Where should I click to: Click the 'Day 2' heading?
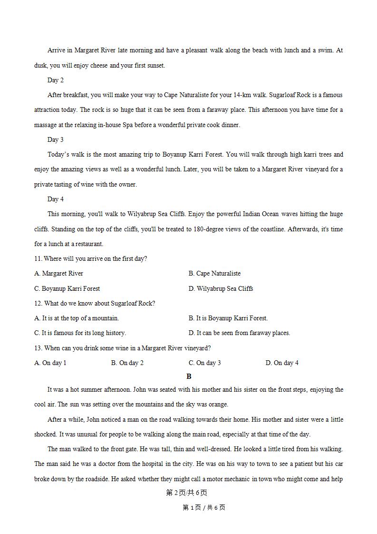click(x=55, y=80)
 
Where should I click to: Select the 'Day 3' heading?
click(x=55, y=139)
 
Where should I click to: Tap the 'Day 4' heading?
click(x=55, y=199)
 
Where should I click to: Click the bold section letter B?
click(x=189, y=376)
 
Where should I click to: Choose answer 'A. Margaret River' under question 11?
click(x=59, y=273)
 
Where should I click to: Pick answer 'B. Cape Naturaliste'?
click(x=214, y=273)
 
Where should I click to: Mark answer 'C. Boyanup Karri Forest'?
click(x=67, y=288)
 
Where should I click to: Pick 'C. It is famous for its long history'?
click(x=80, y=333)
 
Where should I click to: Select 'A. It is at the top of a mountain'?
click(x=77, y=318)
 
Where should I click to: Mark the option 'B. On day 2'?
click(x=127, y=363)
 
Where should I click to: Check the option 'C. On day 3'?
click(x=205, y=363)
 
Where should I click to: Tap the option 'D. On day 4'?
click(x=282, y=363)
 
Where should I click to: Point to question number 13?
click(x=39, y=348)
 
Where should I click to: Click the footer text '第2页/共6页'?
click(x=186, y=493)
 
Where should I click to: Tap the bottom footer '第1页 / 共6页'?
click(x=203, y=507)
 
